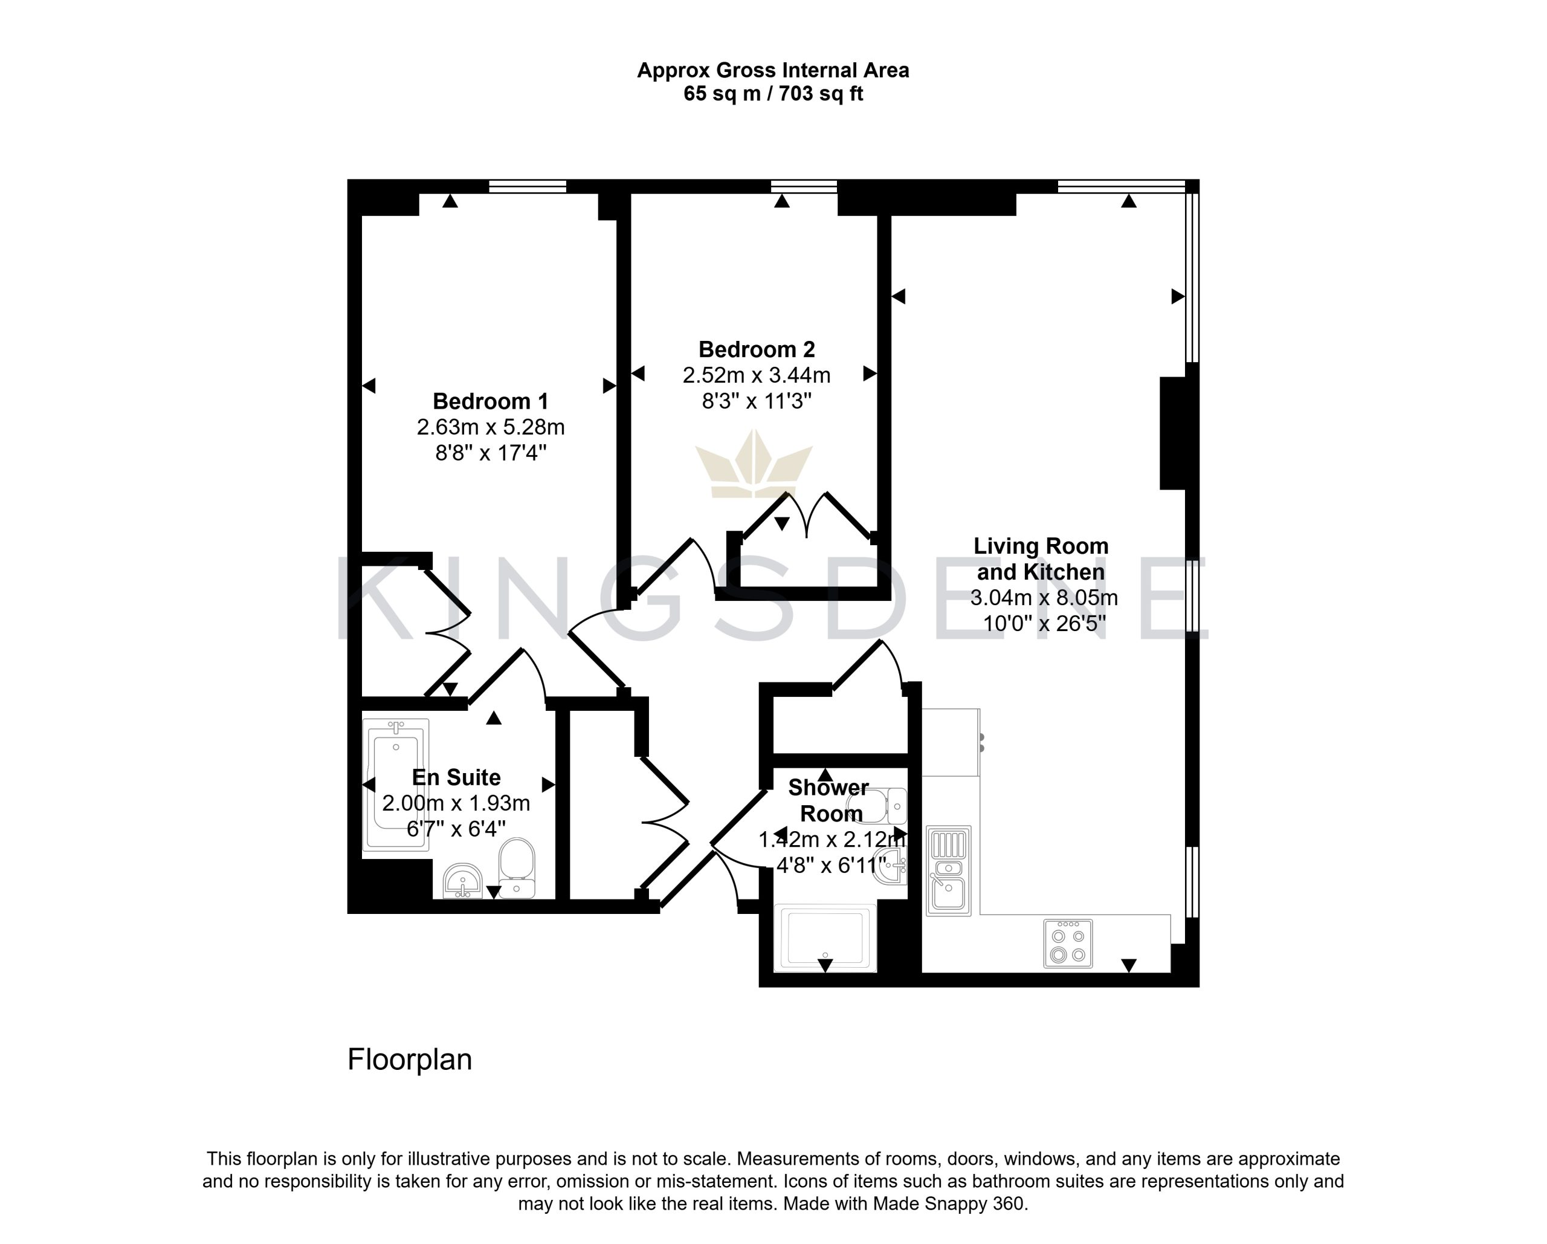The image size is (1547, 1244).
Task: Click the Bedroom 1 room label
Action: (491, 401)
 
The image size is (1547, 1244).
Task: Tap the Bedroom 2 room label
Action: (757, 349)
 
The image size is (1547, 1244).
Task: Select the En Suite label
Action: (456, 777)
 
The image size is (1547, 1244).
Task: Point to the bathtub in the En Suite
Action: (395, 785)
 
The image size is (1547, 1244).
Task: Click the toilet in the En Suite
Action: (517, 869)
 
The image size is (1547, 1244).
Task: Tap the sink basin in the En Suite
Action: (463, 881)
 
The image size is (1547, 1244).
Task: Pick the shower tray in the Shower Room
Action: (826, 938)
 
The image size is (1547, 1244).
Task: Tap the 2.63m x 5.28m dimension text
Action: (491, 427)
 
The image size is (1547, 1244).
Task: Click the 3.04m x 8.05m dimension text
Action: (1044, 597)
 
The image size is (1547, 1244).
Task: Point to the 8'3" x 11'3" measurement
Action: (757, 401)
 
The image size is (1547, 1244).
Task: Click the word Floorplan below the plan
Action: (410, 1060)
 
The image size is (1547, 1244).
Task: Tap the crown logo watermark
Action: (754, 464)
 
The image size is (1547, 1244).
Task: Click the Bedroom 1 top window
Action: (528, 187)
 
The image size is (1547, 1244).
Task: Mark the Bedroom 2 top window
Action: (804, 187)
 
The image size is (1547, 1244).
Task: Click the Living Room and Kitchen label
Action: (1041, 559)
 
